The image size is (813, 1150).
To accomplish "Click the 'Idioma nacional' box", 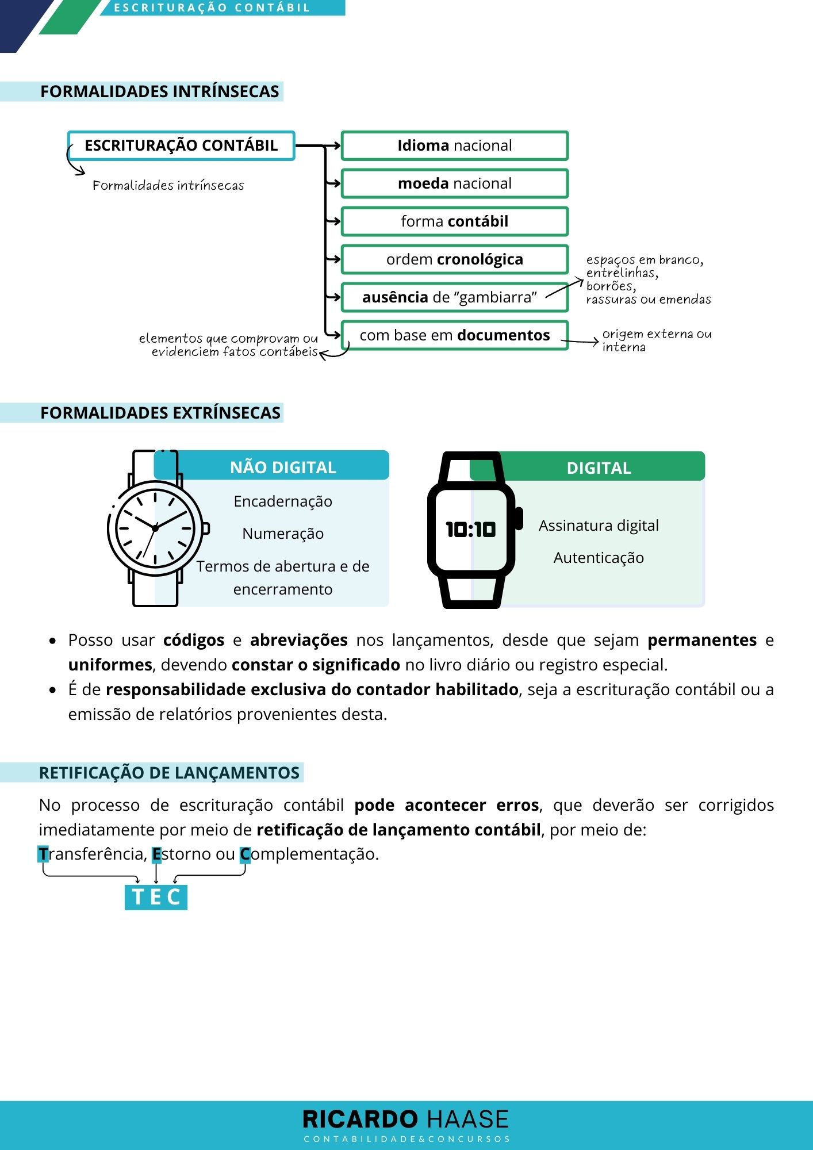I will (454, 145).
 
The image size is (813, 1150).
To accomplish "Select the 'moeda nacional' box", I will (454, 183).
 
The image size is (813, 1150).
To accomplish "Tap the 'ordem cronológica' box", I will (454, 259).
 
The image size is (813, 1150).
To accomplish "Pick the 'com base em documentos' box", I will (454, 335).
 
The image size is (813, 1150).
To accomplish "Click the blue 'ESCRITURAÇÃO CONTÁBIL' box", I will (181, 145).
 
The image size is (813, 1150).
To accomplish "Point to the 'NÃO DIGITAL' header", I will (283, 467).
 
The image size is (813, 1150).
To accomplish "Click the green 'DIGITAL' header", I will (599, 468).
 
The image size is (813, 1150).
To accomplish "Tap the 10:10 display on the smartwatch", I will (470, 529).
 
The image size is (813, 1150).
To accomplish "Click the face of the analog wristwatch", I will (155, 528).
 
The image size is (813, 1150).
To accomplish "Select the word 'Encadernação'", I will (283, 501).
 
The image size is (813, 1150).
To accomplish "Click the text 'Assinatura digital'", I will (599, 526).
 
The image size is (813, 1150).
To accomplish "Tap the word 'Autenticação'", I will (599, 558).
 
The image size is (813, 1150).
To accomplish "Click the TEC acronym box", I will (156, 897).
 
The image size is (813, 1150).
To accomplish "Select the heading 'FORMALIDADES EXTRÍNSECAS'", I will (160, 413).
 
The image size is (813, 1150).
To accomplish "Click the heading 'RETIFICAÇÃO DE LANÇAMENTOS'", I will (169, 773).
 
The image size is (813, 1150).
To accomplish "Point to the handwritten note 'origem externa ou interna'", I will (656, 340).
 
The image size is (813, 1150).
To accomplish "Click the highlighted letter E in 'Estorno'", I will (156, 854).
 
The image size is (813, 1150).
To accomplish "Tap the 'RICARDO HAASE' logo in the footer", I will (405, 1120).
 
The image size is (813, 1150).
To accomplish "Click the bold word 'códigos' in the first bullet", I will (194, 640).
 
